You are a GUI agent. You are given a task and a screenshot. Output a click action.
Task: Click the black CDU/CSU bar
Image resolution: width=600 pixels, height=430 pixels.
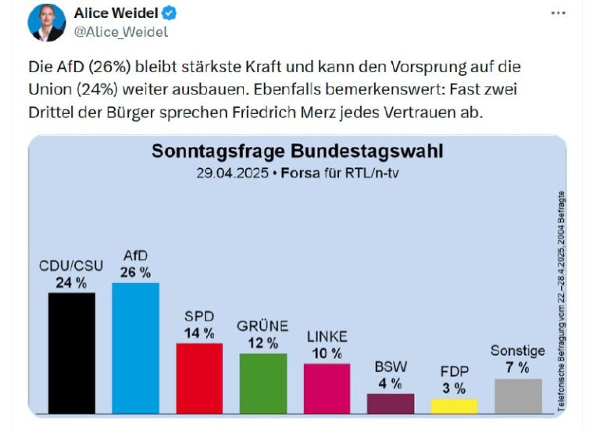(71, 352)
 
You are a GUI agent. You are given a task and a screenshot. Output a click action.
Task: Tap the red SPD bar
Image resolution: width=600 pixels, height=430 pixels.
(199, 378)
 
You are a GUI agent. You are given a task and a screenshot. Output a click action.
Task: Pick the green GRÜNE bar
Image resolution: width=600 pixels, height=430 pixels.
(262, 382)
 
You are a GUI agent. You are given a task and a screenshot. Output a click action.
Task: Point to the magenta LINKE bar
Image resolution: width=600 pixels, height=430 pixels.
(327, 388)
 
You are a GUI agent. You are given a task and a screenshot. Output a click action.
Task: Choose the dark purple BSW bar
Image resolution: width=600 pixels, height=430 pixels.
(391, 403)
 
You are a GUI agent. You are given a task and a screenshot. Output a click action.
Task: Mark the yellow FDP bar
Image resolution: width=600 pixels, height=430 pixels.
(454, 405)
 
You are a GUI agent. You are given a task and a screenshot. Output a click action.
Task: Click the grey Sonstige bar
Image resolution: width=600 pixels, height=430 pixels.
(518, 396)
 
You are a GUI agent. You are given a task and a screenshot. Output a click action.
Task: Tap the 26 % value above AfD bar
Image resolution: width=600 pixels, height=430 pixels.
(135, 272)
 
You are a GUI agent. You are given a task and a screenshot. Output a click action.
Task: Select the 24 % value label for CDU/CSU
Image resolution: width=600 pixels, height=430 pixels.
(71, 283)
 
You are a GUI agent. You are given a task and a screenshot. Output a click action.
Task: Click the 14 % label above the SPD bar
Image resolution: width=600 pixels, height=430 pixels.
(199, 333)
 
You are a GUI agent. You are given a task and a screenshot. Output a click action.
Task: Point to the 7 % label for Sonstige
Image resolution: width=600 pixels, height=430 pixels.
(518, 367)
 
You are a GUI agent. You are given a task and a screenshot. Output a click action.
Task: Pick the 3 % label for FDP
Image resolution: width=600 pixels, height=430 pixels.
(454, 388)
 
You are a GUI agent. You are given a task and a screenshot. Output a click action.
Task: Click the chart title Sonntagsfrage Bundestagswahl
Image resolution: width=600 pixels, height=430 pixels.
(298, 151)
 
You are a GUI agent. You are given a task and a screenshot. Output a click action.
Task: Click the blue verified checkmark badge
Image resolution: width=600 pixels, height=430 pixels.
(168, 13)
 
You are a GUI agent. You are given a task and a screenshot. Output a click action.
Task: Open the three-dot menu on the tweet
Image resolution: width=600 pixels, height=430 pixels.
(558, 13)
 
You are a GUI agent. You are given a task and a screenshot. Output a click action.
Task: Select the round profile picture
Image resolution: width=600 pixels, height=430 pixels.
(46, 22)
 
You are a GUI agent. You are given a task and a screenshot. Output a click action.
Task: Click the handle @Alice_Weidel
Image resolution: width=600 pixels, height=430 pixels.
(121, 32)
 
